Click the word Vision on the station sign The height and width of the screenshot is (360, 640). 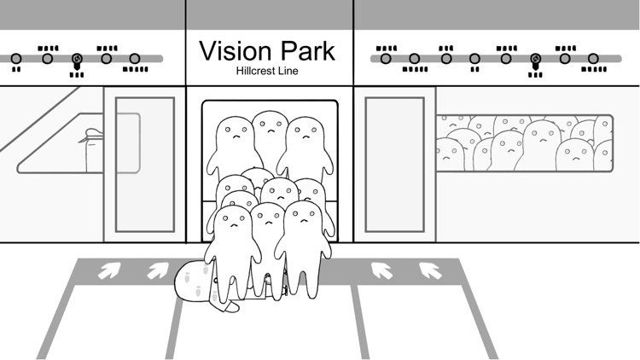pos(236,51)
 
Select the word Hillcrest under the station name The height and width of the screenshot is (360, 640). pos(255,71)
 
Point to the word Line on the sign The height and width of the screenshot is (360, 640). pos(288,71)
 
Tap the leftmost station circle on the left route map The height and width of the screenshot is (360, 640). pos(16,59)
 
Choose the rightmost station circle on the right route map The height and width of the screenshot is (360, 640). pos(593,59)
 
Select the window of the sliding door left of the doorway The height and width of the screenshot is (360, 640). pos(145,165)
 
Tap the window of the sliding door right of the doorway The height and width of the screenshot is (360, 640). pos(395,165)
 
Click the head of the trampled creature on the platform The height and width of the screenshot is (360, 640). pos(193,282)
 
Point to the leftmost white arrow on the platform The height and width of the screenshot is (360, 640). pos(109,270)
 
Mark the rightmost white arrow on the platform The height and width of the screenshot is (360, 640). pos(430,270)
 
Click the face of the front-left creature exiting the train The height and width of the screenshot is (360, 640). pos(234,221)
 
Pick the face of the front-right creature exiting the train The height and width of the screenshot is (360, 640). pos(304,217)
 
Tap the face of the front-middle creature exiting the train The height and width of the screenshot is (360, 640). pos(268,218)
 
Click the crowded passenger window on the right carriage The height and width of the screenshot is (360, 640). pos(525,142)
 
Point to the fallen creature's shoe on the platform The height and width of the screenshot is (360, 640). pos(230,306)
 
